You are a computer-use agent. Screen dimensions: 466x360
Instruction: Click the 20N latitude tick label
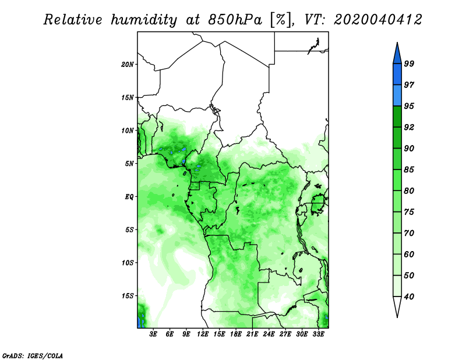tap(128, 65)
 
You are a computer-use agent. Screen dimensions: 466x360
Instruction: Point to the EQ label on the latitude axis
tap(129, 197)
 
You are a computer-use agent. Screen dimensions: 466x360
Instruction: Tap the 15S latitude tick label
tap(128, 296)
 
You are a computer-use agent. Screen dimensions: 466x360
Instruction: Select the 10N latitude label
tap(128, 130)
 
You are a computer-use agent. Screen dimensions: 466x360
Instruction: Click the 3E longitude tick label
tap(153, 334)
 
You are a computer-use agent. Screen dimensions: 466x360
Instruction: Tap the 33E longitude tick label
tap(318, 334)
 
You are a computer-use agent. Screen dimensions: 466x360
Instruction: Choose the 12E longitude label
tap(203, 334)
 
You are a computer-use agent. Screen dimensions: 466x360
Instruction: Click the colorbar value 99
tap(409, 63)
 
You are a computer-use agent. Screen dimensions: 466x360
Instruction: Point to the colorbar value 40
tap(409, 297)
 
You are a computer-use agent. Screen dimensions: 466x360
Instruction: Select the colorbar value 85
tap(409, 170)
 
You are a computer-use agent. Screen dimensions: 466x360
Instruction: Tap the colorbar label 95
tap(409, 106)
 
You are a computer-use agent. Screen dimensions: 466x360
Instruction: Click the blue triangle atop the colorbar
tap(397, 55)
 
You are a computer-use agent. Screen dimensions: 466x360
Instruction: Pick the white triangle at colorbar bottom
tap(397, 305)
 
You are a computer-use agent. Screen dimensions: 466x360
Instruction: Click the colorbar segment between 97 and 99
tap(397, 75)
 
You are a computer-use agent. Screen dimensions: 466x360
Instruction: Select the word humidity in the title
tap(144, 20)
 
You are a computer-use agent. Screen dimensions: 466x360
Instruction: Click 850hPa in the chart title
tap(235, 20)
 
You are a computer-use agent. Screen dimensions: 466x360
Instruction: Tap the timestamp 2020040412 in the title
tap(377, 20)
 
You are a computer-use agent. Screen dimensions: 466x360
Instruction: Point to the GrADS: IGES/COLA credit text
tap(33, 355)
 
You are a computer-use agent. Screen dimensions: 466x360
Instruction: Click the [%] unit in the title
tap(280, 20)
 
